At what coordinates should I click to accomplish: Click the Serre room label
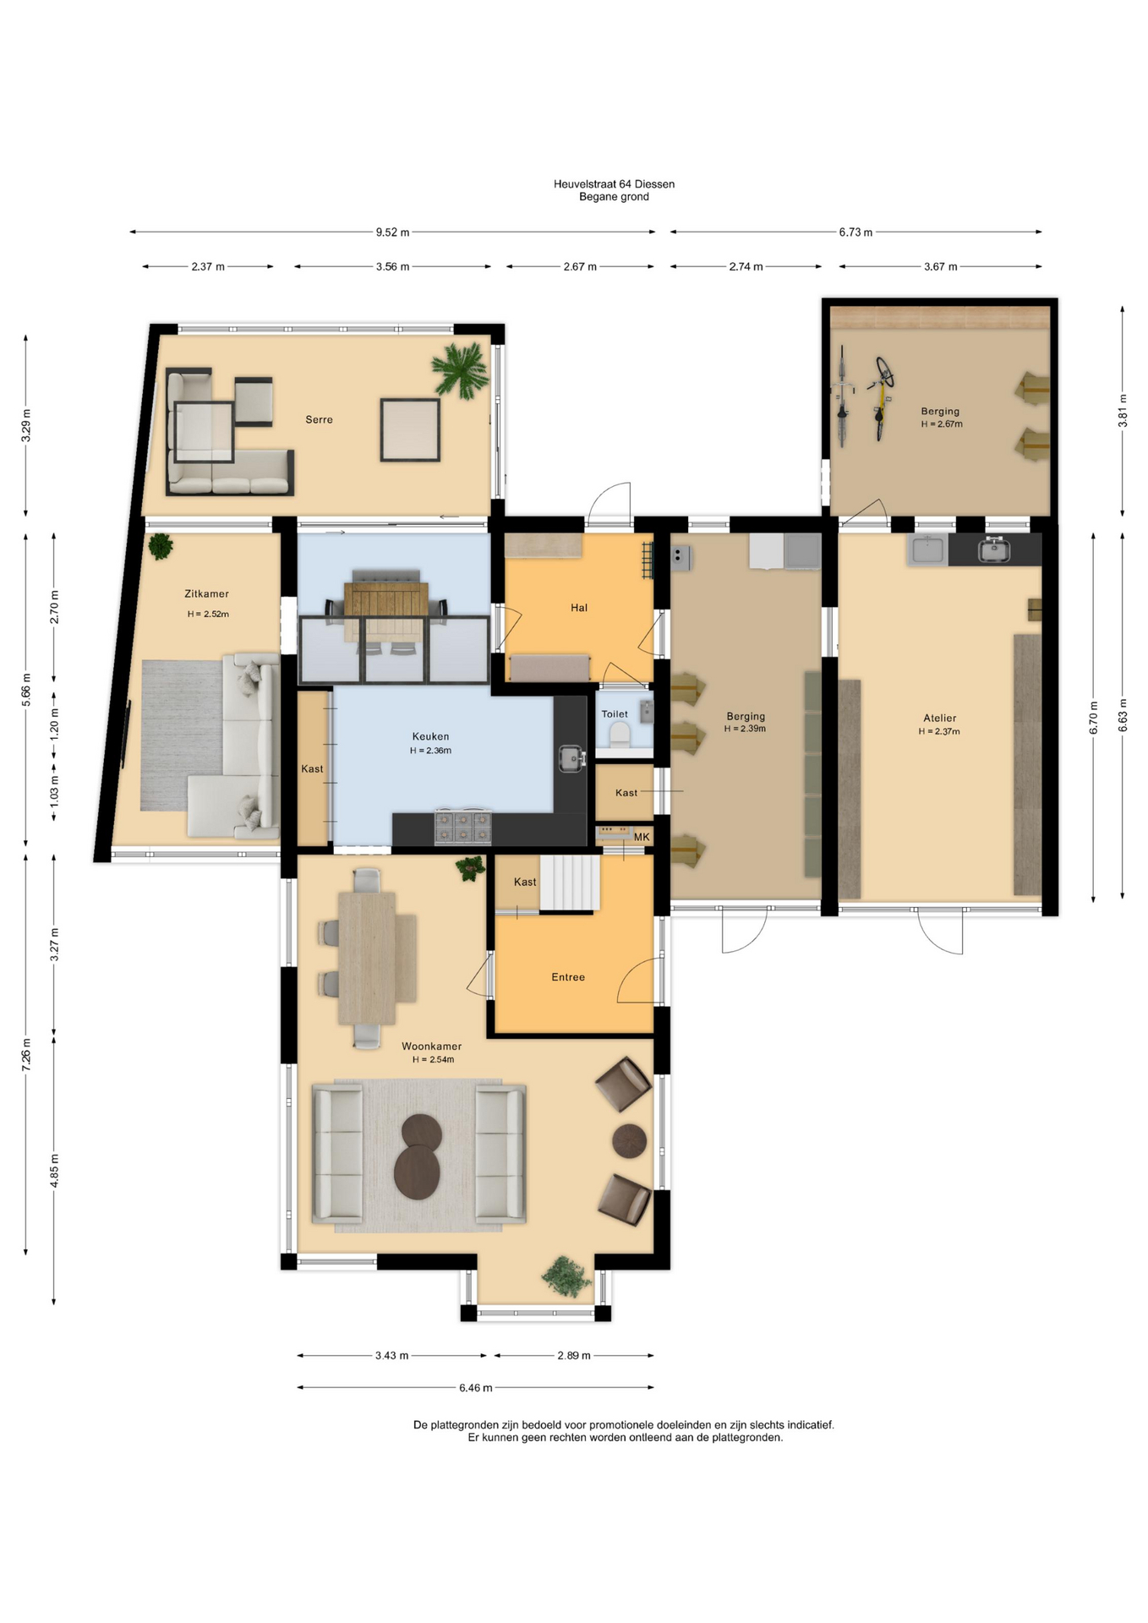click(x=319, y=419)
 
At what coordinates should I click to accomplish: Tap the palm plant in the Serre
click(x=460, y=369)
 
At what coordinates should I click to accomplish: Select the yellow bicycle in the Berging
click(x=883, y=398)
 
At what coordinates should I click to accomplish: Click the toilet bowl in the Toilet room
click(x=620, y=735)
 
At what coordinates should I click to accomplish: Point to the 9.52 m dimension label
click(x=392, y=232)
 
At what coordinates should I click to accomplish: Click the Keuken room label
click(x=430, y=736)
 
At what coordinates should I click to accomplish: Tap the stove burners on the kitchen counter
click(x=462, y=827)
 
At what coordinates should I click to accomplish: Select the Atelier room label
click(x=939, y=719)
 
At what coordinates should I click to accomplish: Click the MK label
click(x=642, y=837)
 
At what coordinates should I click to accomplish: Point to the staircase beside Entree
click(x=570, y=883)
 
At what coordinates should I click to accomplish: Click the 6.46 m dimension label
click(x=475, y=1387)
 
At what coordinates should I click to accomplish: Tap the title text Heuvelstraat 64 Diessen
click(x=614, y=184)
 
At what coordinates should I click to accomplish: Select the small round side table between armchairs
click(x=629, y=1140)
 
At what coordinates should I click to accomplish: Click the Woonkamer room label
click(x=431, y=1046)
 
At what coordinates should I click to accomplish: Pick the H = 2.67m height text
click(x=942, y=424)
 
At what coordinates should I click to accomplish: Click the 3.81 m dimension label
click(x=1123, y=411)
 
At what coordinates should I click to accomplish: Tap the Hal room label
click(x=579, y=608)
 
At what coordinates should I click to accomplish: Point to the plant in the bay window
click(x=566, y=1276)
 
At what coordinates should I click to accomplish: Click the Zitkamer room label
click(x=206, y=594)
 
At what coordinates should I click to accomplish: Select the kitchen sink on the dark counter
click(x=572, y=758)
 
